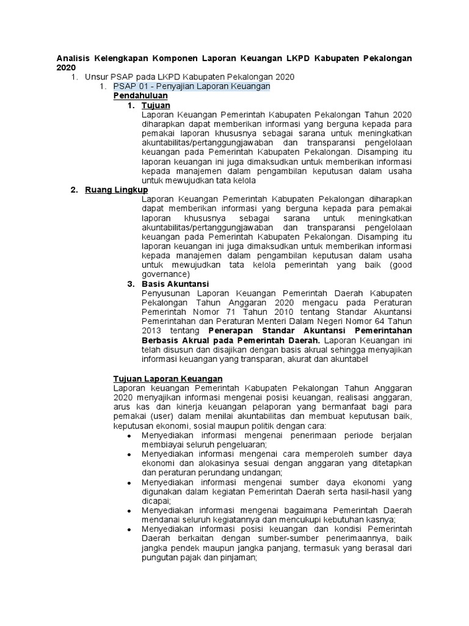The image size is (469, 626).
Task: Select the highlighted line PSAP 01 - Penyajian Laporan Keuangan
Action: [x=191, y=87]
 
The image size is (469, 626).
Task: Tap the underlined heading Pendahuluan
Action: [x=140, y=97]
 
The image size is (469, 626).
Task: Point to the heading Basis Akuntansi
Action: [x=175, y=284]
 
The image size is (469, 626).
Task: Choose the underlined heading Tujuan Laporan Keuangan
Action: [x=168, y=379]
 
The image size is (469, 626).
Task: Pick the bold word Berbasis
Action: [x=160, y=341]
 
